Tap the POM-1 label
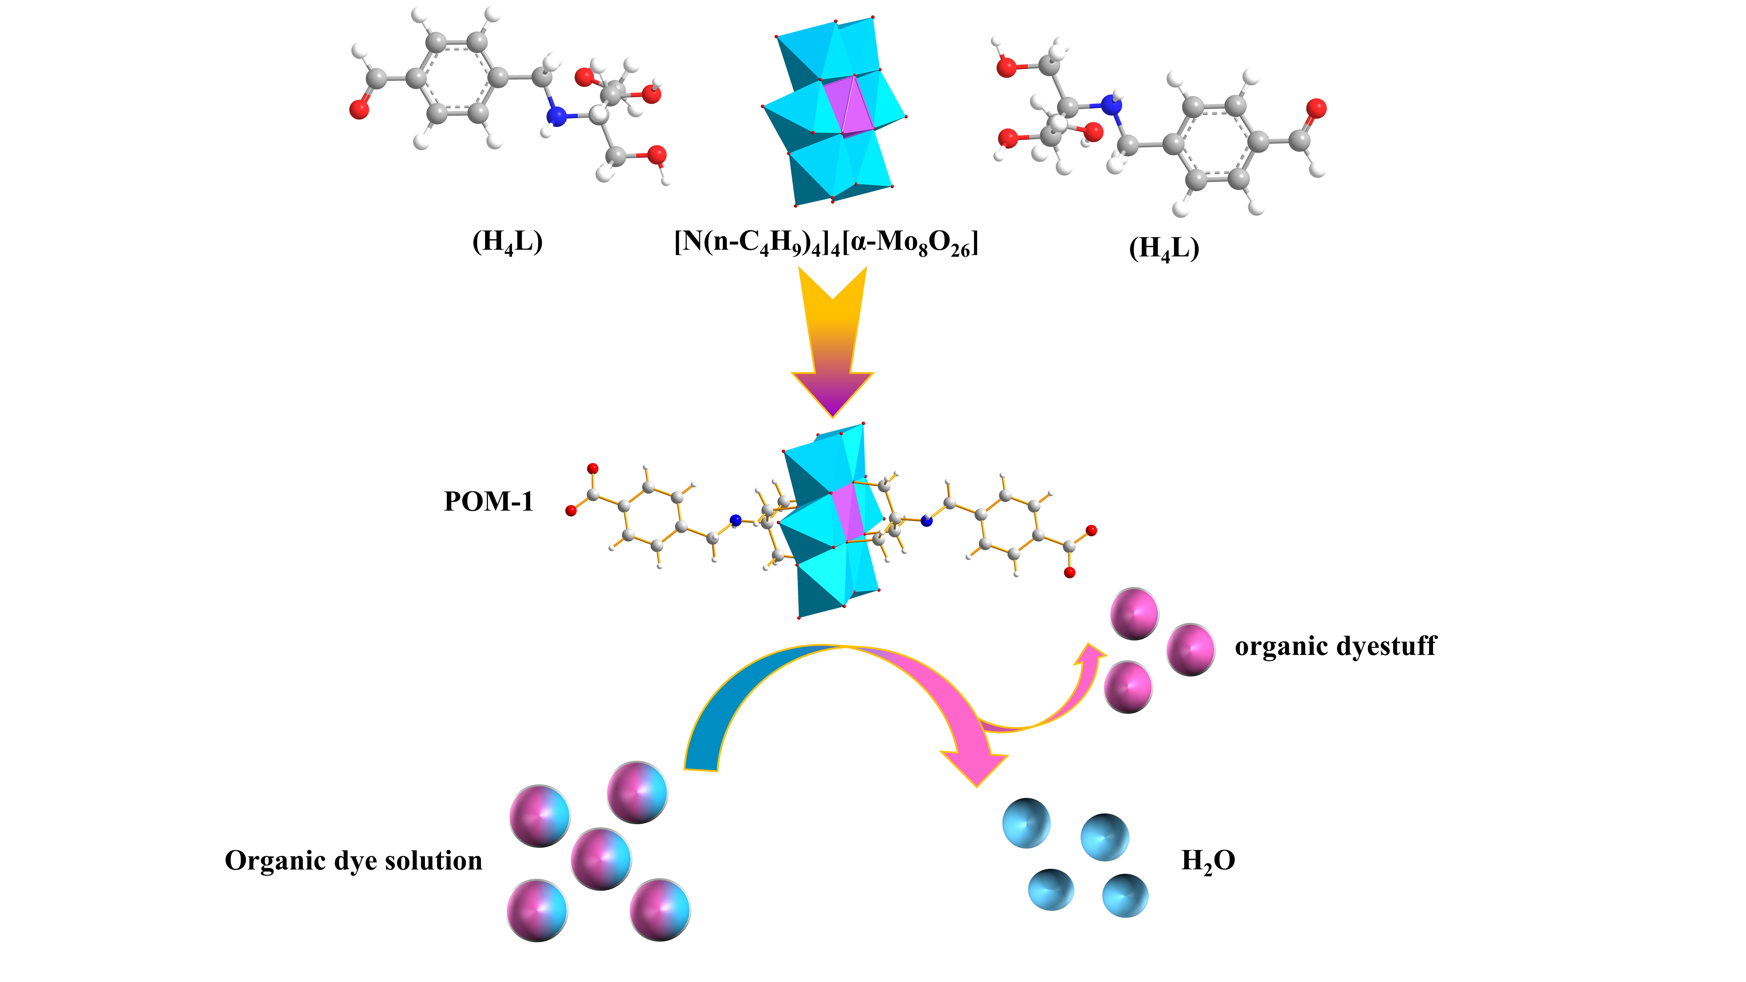pos(489,501)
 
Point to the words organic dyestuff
pos(1335,646)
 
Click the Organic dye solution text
pos(354,861)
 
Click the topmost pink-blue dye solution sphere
pos(637,792)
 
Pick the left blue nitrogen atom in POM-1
pos(736,520)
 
